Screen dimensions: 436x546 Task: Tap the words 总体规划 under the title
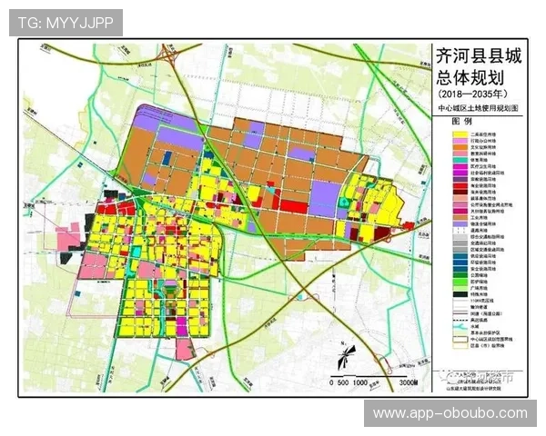(477, 77)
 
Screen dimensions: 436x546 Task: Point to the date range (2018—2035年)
(477, 94)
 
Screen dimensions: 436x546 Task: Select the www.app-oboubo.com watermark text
(450, 413)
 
